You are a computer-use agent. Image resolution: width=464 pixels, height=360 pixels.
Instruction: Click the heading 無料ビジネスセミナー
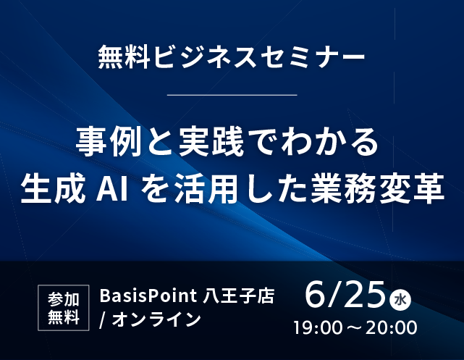tap(232, 56)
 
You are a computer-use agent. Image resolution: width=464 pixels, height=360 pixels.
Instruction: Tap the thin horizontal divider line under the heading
tap(232, 95)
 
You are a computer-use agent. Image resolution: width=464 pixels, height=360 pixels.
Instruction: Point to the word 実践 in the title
tap(211, 142)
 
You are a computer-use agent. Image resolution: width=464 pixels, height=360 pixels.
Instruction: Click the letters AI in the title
tap(112, 190)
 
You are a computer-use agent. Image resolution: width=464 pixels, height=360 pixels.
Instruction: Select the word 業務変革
tap(378, 188)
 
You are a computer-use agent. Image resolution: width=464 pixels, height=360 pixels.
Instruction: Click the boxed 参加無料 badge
tap(63, 308)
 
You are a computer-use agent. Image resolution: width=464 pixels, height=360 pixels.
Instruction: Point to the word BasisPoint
tap(148, 296)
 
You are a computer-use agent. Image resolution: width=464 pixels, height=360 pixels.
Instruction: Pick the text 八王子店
tap(238, 296)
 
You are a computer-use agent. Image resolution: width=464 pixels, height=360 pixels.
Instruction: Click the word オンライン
tap(156, 319)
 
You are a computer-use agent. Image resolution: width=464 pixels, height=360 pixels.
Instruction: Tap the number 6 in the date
tap(316, 294)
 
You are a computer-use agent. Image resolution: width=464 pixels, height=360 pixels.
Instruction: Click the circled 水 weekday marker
tap(401, 301)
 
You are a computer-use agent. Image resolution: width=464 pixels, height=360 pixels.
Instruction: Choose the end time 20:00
tap(392, 327)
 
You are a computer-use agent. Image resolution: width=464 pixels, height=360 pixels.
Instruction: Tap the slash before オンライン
tap(103, 320)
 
